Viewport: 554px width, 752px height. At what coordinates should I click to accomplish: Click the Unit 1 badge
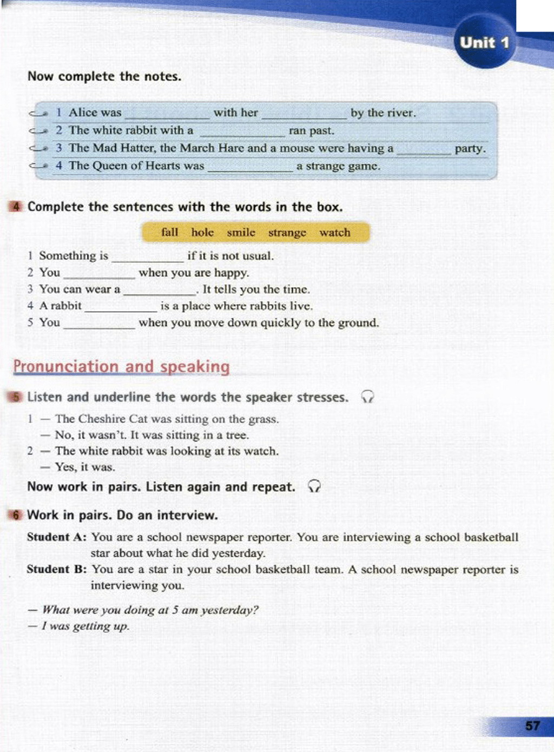click(x=484, y=43)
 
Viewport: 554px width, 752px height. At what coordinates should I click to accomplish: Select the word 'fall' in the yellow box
click(x=169, y=232)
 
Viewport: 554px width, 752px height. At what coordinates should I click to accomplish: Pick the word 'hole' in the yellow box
click(x=202, y=232)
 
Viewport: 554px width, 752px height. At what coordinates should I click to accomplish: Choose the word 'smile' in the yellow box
click(x=241, y=232)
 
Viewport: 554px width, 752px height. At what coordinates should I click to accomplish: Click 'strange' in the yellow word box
click(x=287, y=233)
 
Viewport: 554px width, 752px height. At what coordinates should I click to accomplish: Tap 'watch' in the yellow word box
click(x=334, y=232)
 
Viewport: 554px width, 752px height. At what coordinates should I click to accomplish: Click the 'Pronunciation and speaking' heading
click(x=122, y=366)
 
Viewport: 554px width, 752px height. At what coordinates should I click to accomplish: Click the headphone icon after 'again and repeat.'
click(x=314, y=486)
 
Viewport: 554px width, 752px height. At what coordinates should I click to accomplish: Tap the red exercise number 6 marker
click(x=16, y=515)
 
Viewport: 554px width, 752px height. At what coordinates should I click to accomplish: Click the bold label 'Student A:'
click(x=57, y=537)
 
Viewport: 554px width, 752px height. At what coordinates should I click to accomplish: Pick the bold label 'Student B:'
click(x=57, y=569)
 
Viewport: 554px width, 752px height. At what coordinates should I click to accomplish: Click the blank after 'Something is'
click(x=147, y=258)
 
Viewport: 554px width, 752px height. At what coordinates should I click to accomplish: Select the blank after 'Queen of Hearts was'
click(x=250, y=168)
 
